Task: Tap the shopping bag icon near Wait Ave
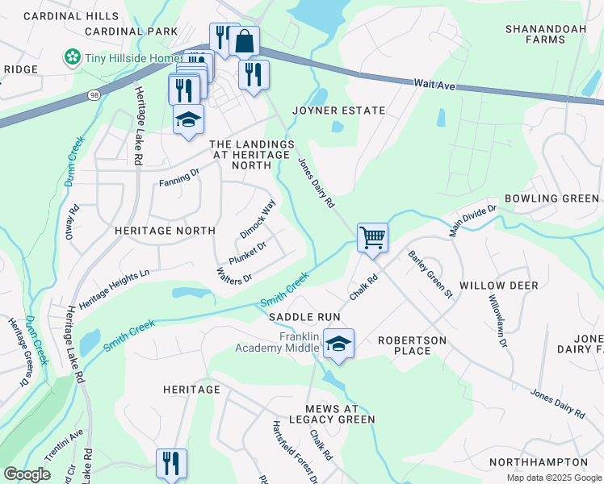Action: [244, 40]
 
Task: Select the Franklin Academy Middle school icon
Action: [339, 344]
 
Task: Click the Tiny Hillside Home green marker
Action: [73, 57]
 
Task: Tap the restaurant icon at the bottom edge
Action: [171, 464]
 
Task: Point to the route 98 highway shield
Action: [94, 95]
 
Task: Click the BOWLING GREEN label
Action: [552, 198]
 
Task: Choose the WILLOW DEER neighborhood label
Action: [493, 286]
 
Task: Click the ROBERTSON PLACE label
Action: [412, 347]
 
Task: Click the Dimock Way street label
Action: [258, 219]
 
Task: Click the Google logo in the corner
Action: [27, 474]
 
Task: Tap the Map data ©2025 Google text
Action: [553, 478]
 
